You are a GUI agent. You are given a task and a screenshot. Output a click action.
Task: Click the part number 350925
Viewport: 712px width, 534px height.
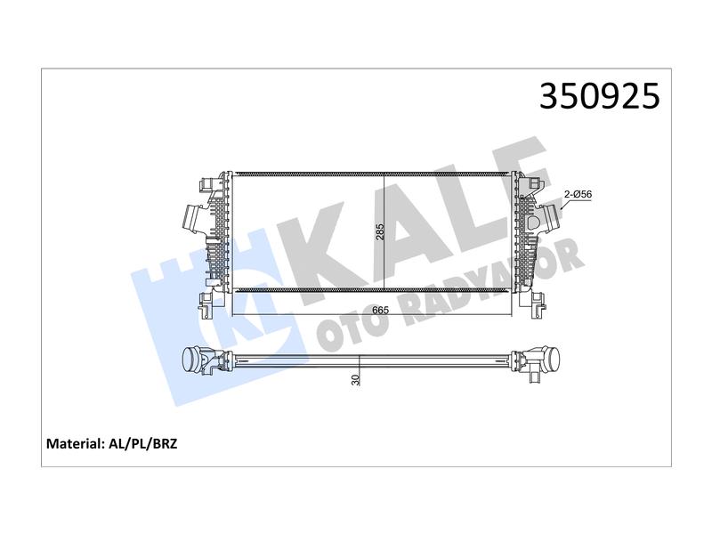tap(599, 96)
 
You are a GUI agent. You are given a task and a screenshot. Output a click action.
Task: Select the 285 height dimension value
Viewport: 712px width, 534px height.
tap(380, 232)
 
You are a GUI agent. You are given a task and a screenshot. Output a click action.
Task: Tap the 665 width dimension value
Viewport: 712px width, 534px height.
tap(381, 311)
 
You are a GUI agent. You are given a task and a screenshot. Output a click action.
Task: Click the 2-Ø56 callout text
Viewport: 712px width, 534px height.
tap(578, 194)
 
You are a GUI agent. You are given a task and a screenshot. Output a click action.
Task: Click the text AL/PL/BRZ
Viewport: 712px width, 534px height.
tap(143, 443)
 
